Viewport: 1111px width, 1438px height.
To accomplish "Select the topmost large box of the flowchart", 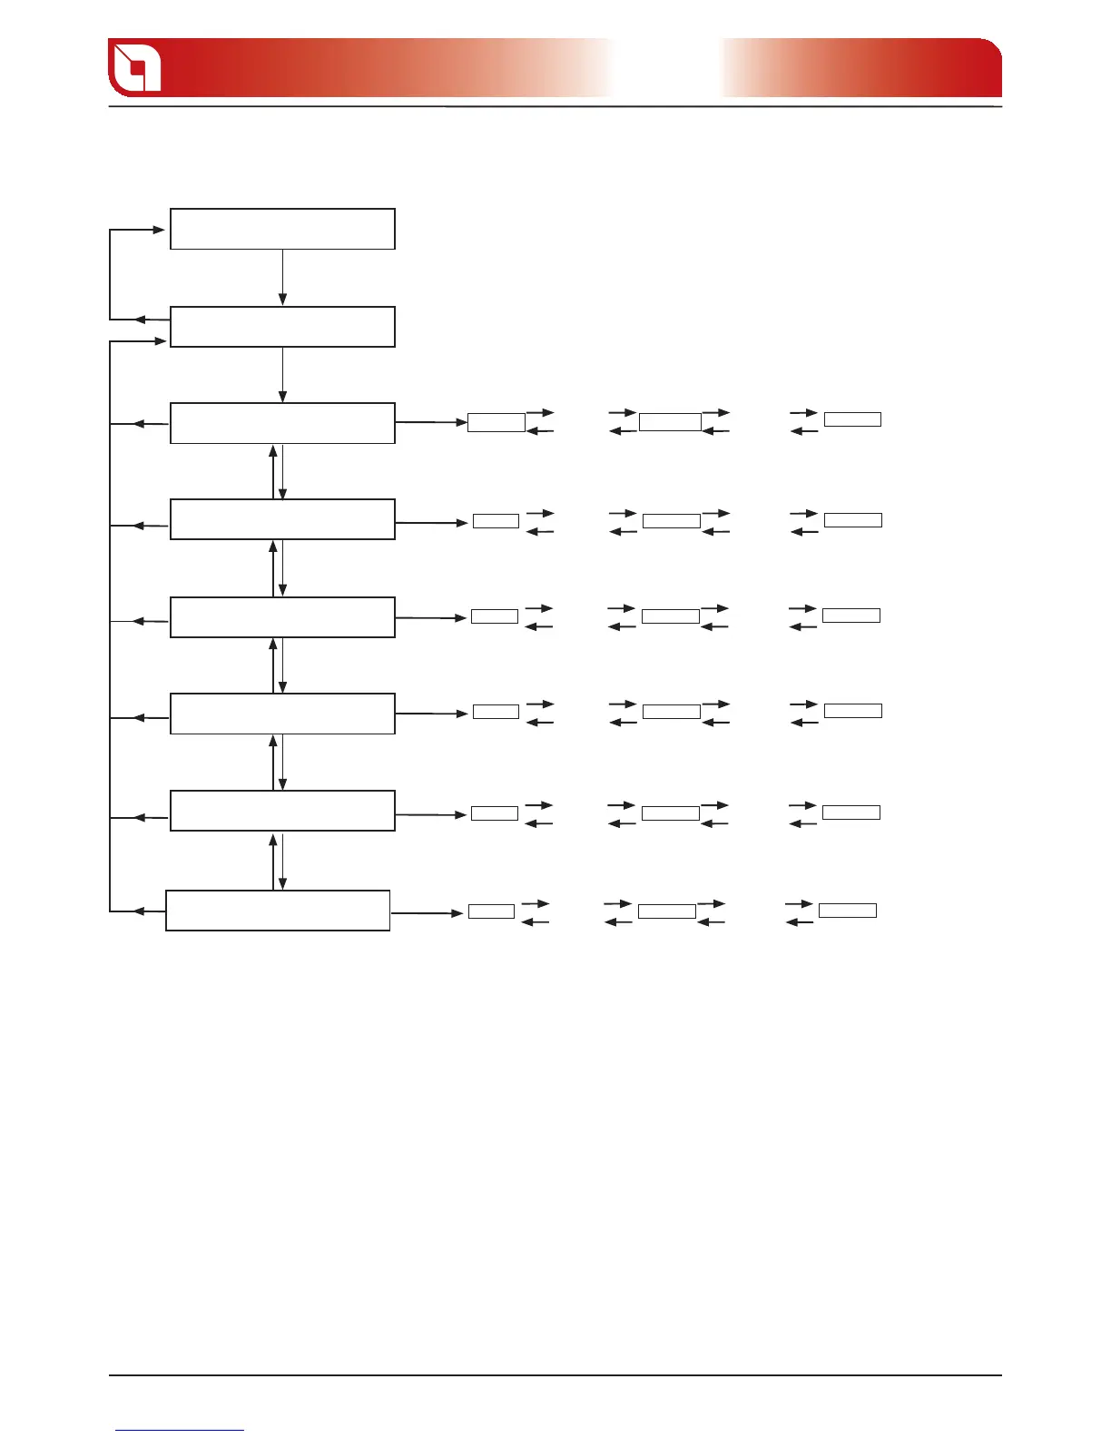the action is pyautogui.click(x=282, y=229).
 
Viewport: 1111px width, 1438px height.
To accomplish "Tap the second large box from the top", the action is pyautogui.click(x=282, y=327).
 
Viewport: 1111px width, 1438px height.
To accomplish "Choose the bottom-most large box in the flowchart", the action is pyautogui.click(x=278, y=911).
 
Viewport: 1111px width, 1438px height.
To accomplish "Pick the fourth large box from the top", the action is pyautogui.click(x=282, y=519).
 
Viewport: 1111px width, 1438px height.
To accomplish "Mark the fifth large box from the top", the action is pyautogui.click(x=282, y=617).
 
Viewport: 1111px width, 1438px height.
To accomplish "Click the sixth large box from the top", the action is pyautogui.click(x=282, y=714).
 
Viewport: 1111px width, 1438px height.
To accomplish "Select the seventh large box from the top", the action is pyautogui.click(x=282, y=811).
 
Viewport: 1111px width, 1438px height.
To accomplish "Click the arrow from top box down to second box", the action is pyautogui.click(x=282, y=278).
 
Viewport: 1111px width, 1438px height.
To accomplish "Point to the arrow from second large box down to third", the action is pyautogui.click(x=282, y=375).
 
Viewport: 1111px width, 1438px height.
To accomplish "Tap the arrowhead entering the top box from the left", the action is pyautogui.click(x=159, y=230).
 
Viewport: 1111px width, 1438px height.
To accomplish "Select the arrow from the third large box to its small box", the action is pyautogui.click(x=431, y=422).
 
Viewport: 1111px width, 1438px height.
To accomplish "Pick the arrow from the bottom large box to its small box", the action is pyautogui.click(x=427, y=912).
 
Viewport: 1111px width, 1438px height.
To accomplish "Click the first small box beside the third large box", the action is pyautogui.click(x=497, y=422).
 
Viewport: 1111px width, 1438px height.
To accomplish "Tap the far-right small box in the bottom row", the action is pyautogui.click(x=848, y=911).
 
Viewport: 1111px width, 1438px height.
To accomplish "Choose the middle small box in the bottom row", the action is pyautogui.click(x=667, y=911).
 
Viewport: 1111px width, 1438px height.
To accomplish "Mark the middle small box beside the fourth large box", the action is pyautogui.click(x=672, y=520).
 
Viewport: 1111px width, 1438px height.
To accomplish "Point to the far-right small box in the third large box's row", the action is pyautogui.click(x=852, y=419).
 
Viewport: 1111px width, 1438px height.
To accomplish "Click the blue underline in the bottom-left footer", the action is pyautogui.click(x=180, y=1430).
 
